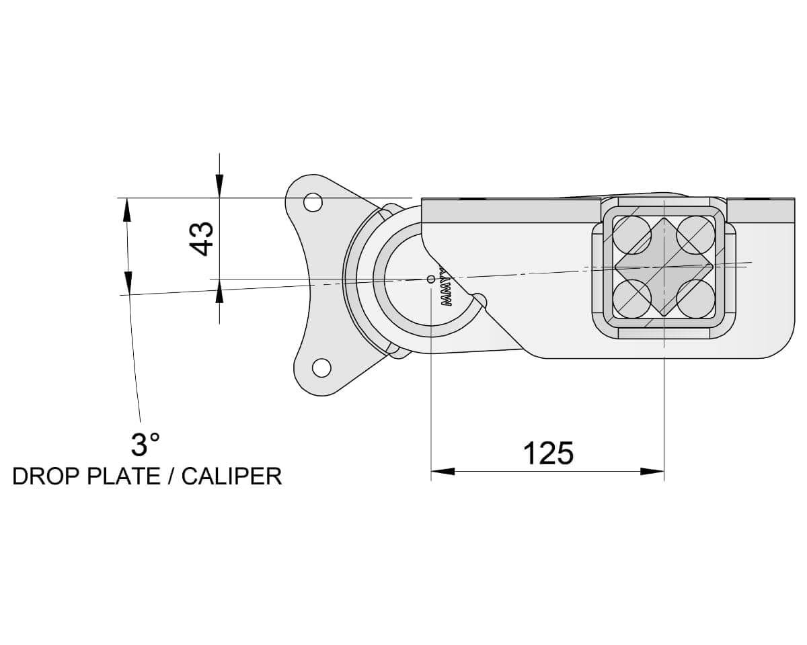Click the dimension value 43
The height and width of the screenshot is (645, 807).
click(x=202, y=239)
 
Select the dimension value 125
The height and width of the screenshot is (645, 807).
click(x=548, y=454)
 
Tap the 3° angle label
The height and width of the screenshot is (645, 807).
click(x=145, y=445)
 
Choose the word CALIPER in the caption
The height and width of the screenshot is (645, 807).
click(x=231, y=476)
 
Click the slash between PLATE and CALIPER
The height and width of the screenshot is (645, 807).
click(x=172, y=476)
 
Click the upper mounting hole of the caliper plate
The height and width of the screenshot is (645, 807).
click(x=313, y=202)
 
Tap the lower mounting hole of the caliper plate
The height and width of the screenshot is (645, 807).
click(x=321, y=368)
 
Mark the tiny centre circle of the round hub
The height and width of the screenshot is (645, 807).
click(x=431, y=278)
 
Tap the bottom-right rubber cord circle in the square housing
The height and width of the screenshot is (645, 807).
click(x=695, y=297)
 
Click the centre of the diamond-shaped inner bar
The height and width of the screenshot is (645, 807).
click(x=664, y=266)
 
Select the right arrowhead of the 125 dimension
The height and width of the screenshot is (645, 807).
click(x=652, y=471)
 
